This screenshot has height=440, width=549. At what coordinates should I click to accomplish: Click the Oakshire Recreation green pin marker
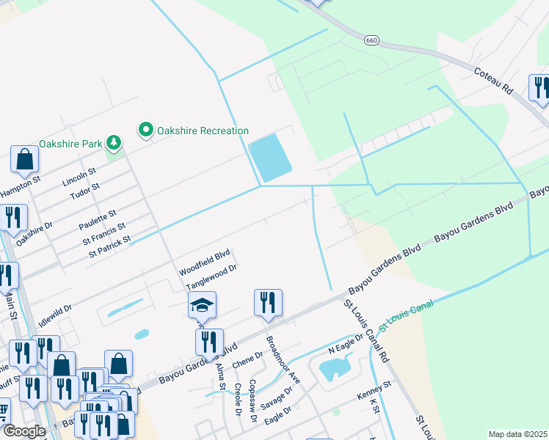(x=146, y=131)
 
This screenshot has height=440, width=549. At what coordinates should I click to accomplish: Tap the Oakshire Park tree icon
(x=113, y=142)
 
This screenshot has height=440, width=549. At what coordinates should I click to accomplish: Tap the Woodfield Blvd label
(x=205, y=263)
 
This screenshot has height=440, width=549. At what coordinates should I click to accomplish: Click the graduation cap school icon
(x=202, y=304)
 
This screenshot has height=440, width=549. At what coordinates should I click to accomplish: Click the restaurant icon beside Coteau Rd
(x=539, y=87)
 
